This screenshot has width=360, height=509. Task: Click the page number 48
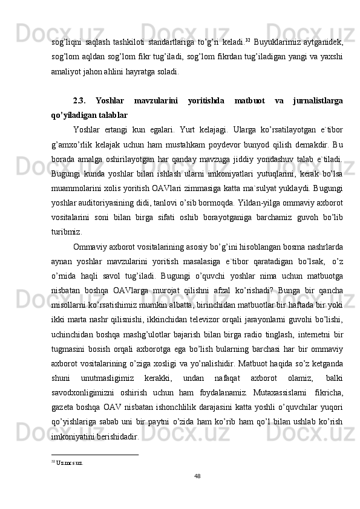pos(180,476)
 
